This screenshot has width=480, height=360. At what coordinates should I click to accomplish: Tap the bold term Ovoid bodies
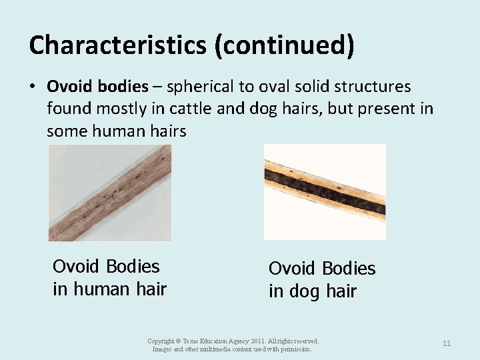pyautogui.click(x=97, y=87)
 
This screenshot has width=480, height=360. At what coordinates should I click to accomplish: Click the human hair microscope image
pyautogui.click(x=109, y=193)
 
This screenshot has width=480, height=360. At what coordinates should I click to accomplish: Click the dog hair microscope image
pyautogui.click(x=325, y=191)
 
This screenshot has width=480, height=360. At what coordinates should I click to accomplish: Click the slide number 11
pyautogui.click(x=447, y=343)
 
